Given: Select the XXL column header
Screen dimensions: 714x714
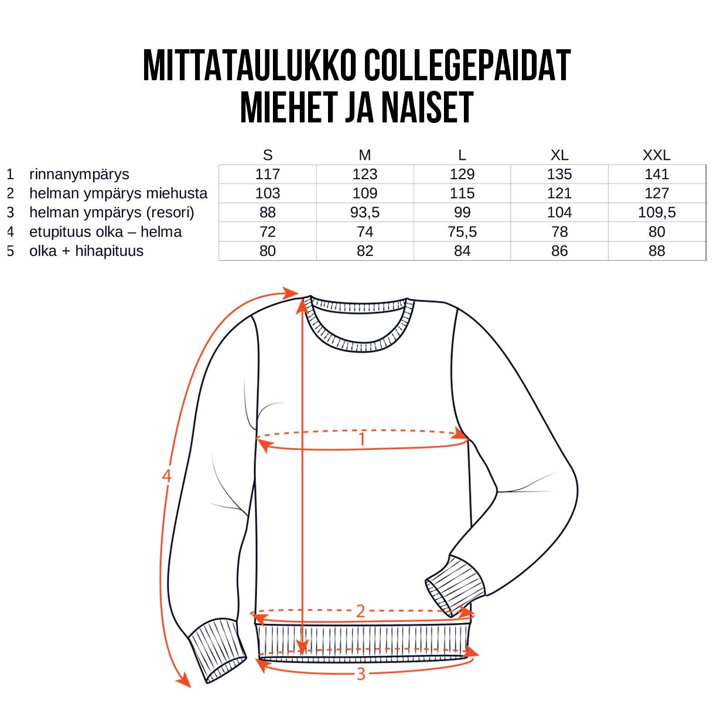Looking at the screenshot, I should click(656, 155).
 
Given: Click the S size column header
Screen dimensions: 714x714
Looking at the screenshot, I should click(268, 155).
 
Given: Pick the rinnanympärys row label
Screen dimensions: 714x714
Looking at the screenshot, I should click(79, 174).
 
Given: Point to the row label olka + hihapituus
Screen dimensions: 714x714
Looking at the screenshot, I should click(86, 251).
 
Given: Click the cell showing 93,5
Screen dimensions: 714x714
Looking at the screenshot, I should click(365, 213).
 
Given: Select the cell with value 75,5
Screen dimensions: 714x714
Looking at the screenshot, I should click(462, 232).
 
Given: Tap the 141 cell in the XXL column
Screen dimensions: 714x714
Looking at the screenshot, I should click(657, 174).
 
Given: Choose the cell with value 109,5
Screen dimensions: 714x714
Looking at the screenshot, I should click(657, 213).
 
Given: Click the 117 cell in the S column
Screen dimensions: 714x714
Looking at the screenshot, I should click(268, 174).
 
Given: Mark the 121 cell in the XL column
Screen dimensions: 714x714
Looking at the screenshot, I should click(559, 193).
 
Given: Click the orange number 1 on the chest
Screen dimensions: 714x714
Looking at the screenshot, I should click(362, 439).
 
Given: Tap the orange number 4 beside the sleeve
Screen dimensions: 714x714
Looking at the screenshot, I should click(166, 476).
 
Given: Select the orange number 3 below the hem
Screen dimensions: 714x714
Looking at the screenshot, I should click(361, 674).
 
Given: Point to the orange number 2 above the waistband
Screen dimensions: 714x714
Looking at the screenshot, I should click(360, 611).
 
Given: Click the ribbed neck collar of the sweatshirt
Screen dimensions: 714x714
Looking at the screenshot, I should click(361, 340).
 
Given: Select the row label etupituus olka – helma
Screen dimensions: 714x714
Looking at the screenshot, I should click(105, 232).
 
